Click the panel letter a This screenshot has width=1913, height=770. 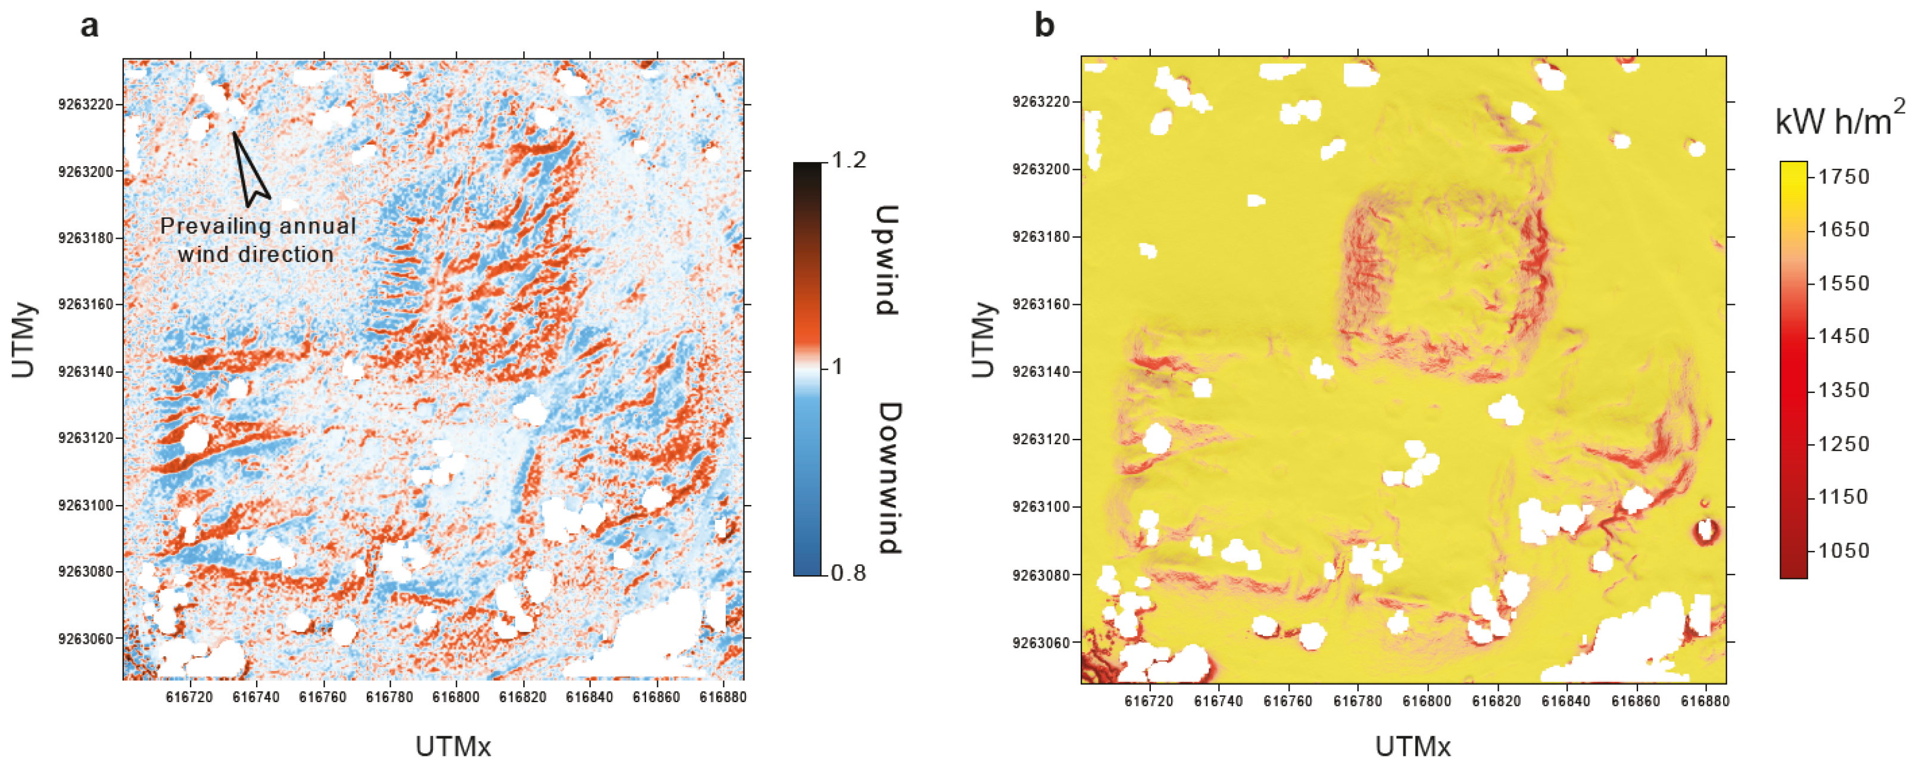[x=89, y=27]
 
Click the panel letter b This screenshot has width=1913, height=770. [x=1044, y=27]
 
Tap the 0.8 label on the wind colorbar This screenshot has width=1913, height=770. [x=848, y=573]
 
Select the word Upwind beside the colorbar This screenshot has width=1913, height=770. [x=887, y=260]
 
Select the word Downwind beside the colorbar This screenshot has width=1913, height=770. [x=888, y=479]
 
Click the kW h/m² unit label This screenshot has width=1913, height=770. [x=1839, y=119]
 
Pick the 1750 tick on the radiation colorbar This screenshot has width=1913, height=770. [x=1843, y=177]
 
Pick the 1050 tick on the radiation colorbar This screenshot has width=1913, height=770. [x=1843, y=550]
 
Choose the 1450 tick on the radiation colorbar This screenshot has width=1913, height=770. [x=1843, y=336]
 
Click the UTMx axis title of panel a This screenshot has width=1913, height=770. [x=453, y=746]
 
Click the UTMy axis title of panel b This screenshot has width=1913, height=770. [x=982, y=340]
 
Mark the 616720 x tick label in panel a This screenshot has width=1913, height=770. [x=189, y=697]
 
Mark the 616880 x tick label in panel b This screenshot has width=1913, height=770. [x=1705, y=701]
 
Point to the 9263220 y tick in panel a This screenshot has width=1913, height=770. [x=86, y=105]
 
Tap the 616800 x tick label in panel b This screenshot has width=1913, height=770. [x=1427, y=701]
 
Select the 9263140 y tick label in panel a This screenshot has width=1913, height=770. [x=86, y=371]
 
